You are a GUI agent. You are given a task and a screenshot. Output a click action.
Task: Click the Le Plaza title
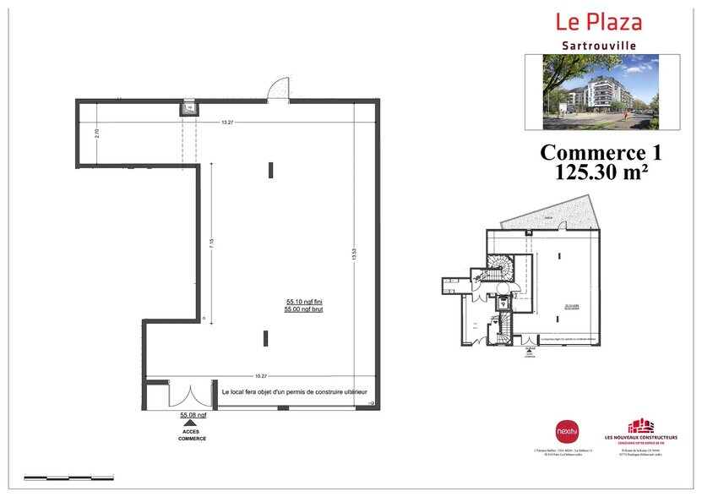pos(597,22)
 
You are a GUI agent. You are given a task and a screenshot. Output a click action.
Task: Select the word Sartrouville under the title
pos(598,45)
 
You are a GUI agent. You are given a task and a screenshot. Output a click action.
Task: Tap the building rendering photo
pos(601,92)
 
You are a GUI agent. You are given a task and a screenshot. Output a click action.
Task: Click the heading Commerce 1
pos(600,153)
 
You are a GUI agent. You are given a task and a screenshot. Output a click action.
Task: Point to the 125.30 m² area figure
pos(600,173)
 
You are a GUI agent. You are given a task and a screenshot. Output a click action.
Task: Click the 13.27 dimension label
pos(227,123)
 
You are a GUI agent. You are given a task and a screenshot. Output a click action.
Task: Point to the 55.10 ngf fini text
pos(305,302)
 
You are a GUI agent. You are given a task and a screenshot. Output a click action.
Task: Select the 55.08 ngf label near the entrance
pos(193,416)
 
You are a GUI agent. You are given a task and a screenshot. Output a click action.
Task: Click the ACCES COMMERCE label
pos(192,434)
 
